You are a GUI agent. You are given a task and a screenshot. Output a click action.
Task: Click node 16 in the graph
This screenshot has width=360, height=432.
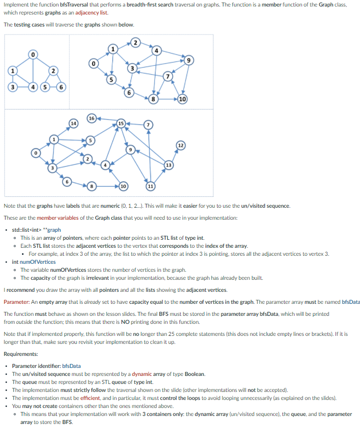92,119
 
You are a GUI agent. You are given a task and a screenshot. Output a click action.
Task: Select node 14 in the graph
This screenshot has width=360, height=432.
73,123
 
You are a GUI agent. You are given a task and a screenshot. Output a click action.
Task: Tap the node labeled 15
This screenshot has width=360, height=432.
120,123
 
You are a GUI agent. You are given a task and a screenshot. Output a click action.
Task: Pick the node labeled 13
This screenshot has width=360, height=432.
169,165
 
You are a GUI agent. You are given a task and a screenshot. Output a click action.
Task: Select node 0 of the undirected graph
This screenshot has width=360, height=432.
33,54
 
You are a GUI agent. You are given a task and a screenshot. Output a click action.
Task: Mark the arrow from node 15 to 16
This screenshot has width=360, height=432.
106,121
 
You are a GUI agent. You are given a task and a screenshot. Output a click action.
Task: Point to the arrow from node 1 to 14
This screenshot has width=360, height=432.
63,130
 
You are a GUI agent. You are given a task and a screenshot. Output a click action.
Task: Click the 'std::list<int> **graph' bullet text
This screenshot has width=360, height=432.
36,230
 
